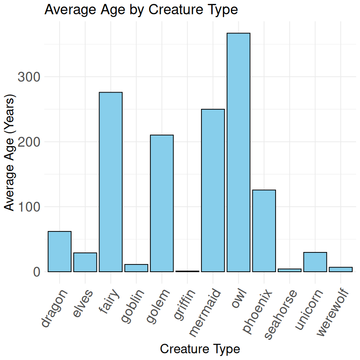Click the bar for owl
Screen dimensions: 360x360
[x=238, y=152]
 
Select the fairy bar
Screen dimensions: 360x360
[x=111, y=182]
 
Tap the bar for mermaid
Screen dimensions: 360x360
[x=213, y=190]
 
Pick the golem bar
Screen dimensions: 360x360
[x=162, y=203]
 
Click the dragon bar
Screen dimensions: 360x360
[x=60, y=252]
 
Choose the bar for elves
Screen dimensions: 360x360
[x=85, y=262]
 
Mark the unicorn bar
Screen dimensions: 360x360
[x=315, y=262]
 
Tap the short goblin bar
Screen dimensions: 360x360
[x=136, y=268]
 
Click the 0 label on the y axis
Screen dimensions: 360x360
[x=36, y=272]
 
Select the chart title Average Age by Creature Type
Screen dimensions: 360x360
[x=141, y=9]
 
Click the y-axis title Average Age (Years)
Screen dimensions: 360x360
[x=10, y=153]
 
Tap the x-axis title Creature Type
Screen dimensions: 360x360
[x=200, y=348]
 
